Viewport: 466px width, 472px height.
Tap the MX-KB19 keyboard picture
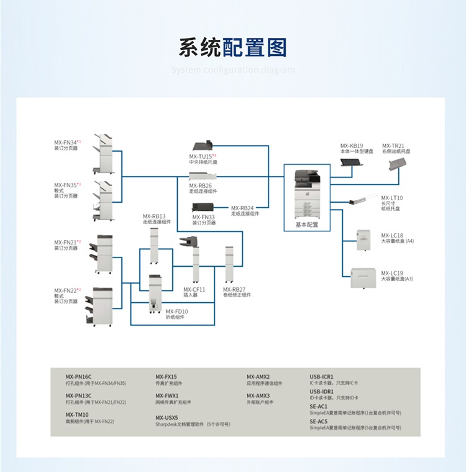click(352, 162)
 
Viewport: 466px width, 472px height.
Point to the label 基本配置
click(306, 224)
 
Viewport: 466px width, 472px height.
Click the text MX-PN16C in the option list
click(79, 377)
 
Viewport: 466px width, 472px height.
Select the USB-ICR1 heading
click(322, 377)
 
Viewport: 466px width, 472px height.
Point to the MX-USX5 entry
click(167, 417)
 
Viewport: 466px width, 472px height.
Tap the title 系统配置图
click(232, 47)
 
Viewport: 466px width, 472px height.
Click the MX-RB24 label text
click(242, 208)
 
